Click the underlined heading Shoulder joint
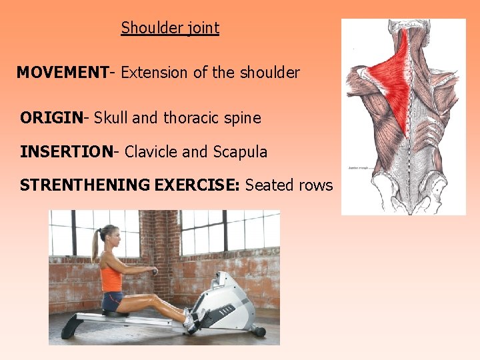point(170,28)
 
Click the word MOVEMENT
point(62,73)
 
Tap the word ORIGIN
point(51,119)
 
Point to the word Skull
point(111,119)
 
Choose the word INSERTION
point(67,152)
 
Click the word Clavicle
point(151,152)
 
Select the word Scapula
point(240,152)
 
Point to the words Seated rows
point(289,185)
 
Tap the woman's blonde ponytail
point(97,244)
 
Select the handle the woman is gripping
point(155,271)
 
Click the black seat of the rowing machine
point(115,313)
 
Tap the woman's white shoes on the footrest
point(191,321)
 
